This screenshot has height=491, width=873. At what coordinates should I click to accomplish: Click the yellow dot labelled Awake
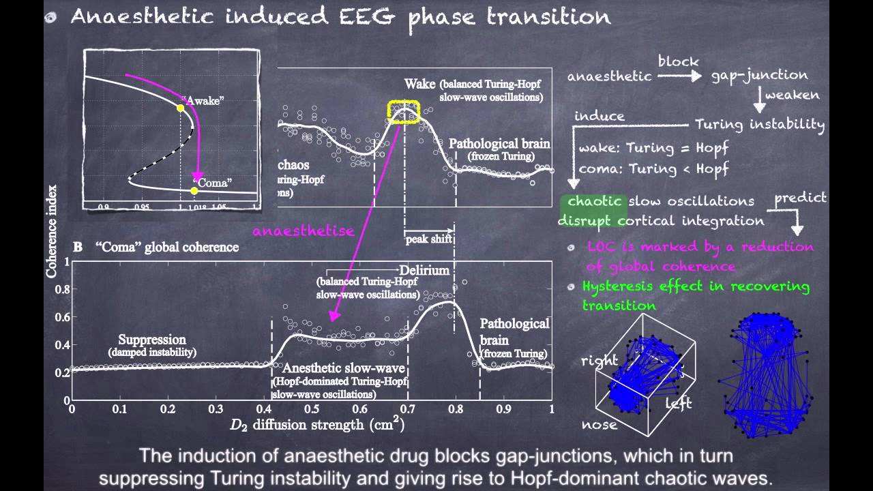point(180,108)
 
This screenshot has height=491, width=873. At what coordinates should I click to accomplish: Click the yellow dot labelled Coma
point(194,190)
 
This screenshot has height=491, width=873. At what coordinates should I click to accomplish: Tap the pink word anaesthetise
point(304,231)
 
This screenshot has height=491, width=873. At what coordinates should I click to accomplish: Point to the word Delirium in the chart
point(424,270)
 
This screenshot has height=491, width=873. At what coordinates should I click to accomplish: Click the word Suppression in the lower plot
point(152,340)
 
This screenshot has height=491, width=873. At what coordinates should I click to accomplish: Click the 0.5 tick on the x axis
point(312,408)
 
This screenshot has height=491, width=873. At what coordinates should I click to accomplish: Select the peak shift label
point(430,239)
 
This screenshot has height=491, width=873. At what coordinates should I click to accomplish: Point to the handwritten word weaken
point(792,95)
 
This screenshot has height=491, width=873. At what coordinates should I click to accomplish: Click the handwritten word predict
point(801,198)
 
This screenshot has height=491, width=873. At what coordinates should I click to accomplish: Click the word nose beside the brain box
point(600,425)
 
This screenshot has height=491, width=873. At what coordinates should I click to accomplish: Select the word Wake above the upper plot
point(420,85)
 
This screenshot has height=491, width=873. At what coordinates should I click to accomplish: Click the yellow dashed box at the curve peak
point(404,112)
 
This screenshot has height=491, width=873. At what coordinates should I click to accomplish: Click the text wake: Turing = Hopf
point(653,148)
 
